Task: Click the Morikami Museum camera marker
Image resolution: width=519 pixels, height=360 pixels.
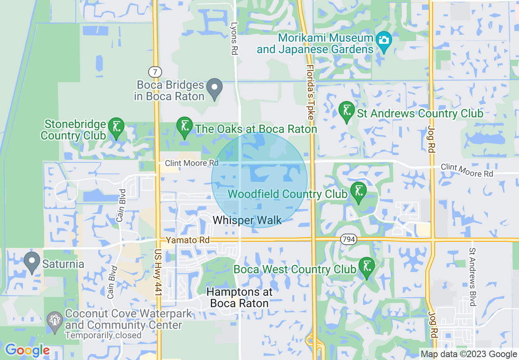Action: click(384, 40)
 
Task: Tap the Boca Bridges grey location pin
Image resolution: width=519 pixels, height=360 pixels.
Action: click(214, 88)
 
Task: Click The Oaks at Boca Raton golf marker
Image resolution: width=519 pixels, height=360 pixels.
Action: click(185, 126)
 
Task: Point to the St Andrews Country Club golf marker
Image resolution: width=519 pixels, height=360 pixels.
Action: click(347, 110)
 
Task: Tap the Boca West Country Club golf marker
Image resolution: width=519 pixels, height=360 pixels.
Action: click(366, 266)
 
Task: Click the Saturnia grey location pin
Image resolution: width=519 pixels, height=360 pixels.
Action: click(32, 261)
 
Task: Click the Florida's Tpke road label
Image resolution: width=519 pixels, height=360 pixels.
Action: click(310, 92)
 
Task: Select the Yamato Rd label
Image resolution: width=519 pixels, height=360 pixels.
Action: click(187, 240)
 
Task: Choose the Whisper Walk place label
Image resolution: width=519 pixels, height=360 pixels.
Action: click(247, 220)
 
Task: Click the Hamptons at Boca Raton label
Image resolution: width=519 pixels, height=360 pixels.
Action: click(239, 297)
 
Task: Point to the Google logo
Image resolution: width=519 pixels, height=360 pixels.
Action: click(27, 350)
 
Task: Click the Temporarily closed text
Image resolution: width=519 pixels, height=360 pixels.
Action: click(103, 335)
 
